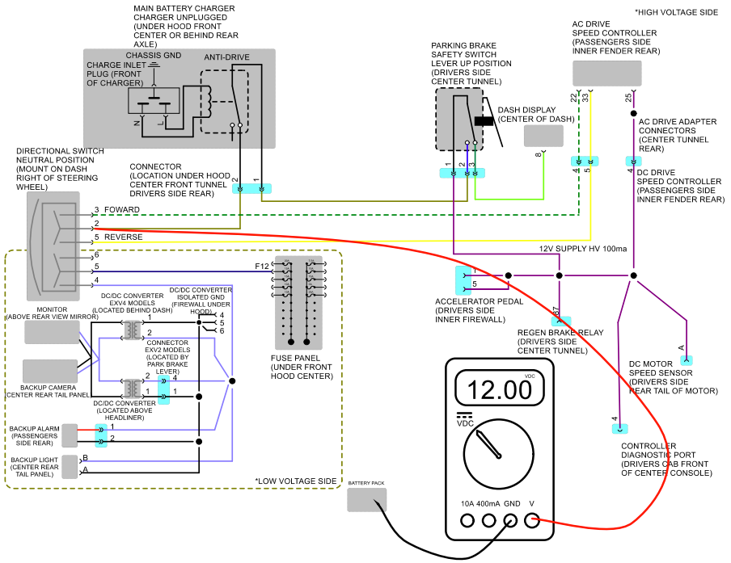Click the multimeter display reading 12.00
click(x=499, y=388)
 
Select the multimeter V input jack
click(x=531, y=520)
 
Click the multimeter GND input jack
click(x=510, y=520)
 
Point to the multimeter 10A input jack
click(x=467, y=520)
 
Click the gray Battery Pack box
click(x=366, y=500)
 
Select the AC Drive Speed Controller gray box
click(x=607, y=74)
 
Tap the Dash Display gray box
click(x=543, y=136)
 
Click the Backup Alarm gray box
click(x=70, y=435)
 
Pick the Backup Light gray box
click(x=70, y=467)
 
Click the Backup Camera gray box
click(x=50, y=371)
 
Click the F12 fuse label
click(x=261, y=267)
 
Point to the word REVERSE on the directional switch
click(x=124, y=237)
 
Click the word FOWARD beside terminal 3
click(x=121, y=209)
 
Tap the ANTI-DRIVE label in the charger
click(x=226, y=57)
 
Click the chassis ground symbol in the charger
click(x=154, y=65)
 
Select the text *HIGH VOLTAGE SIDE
click(x=676, y=13)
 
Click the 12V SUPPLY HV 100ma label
click(x=583, y=249)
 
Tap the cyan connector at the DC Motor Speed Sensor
click(x=687, y=360)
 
